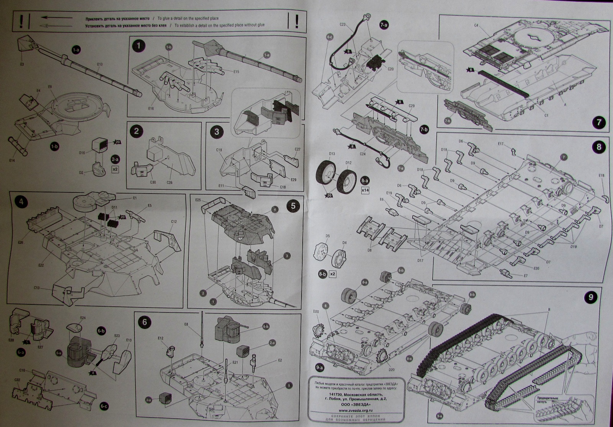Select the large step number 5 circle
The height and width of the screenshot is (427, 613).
293,205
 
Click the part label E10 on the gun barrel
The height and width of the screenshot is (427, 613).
100,64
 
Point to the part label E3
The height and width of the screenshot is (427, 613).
22,64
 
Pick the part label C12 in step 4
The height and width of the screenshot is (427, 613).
174,222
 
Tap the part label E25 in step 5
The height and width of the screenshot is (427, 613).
198,200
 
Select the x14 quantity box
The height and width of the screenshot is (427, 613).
365,190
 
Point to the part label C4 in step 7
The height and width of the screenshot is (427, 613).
477,26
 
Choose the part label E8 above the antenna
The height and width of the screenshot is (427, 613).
186,324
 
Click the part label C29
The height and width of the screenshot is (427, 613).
412,105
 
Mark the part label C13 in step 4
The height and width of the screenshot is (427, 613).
37,287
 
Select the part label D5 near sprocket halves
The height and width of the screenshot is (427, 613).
328,236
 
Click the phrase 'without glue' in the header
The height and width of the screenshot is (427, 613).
254,25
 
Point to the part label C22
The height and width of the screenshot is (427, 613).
17,380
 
